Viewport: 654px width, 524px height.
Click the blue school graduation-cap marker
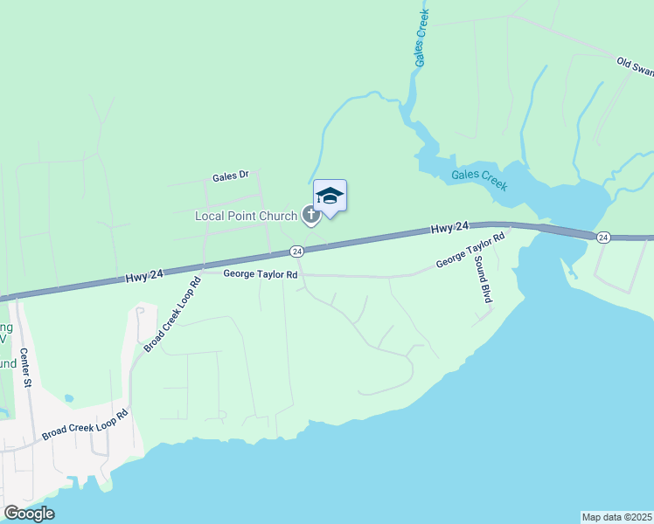330,196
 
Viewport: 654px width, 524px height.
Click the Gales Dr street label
231,176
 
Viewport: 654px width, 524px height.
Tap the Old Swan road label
635,66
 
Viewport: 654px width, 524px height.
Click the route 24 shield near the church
297,252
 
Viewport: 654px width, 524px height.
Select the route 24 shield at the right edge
603,238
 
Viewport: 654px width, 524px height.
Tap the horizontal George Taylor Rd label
261,274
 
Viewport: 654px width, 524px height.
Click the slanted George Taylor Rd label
471,251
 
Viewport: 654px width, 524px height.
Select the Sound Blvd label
484,286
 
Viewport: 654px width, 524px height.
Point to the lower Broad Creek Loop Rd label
85,424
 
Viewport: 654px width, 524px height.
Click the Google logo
29,514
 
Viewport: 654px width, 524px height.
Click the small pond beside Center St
68,398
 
